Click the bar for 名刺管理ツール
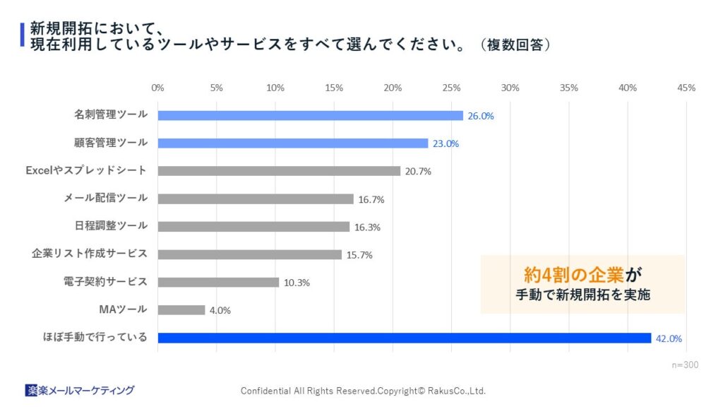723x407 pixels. pyautogui.click(x=310, y=115)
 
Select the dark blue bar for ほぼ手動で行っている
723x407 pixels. pyautogui.click(x=404, y=338)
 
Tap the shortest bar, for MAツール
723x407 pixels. pyautogui.click(x=181, y=309)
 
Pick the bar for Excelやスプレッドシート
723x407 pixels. pyautogui.click(x=279, y=171)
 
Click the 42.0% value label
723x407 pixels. pyautogui.click(x=669, y=338)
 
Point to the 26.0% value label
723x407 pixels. pyautogui.click(x=481, y=116)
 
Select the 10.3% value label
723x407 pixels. pyautogui.click(x=297, y=283)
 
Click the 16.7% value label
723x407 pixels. pyautogui.click(x=371, y=199)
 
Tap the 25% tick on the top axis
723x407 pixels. pyautogui.click(x=451, y=88)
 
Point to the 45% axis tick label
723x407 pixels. pyautogui.click(x=686, y=88)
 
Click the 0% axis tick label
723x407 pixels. pyautogui.click(x=157, y=88)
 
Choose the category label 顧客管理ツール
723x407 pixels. pyautogui.click(x=111, y=142)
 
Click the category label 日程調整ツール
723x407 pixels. pyautogui.click(x=111, y=225)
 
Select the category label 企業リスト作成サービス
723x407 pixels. pyautogui.click(x=90, y=254)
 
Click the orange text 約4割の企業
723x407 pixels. pyautogui.click(x=573, y=274)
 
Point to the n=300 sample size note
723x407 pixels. pyautogui.click(x=684, y=365)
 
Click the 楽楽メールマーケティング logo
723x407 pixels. pyautogui.click(x=79, y=390)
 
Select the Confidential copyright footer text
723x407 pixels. pyautogui.click(x=363, y=391)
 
